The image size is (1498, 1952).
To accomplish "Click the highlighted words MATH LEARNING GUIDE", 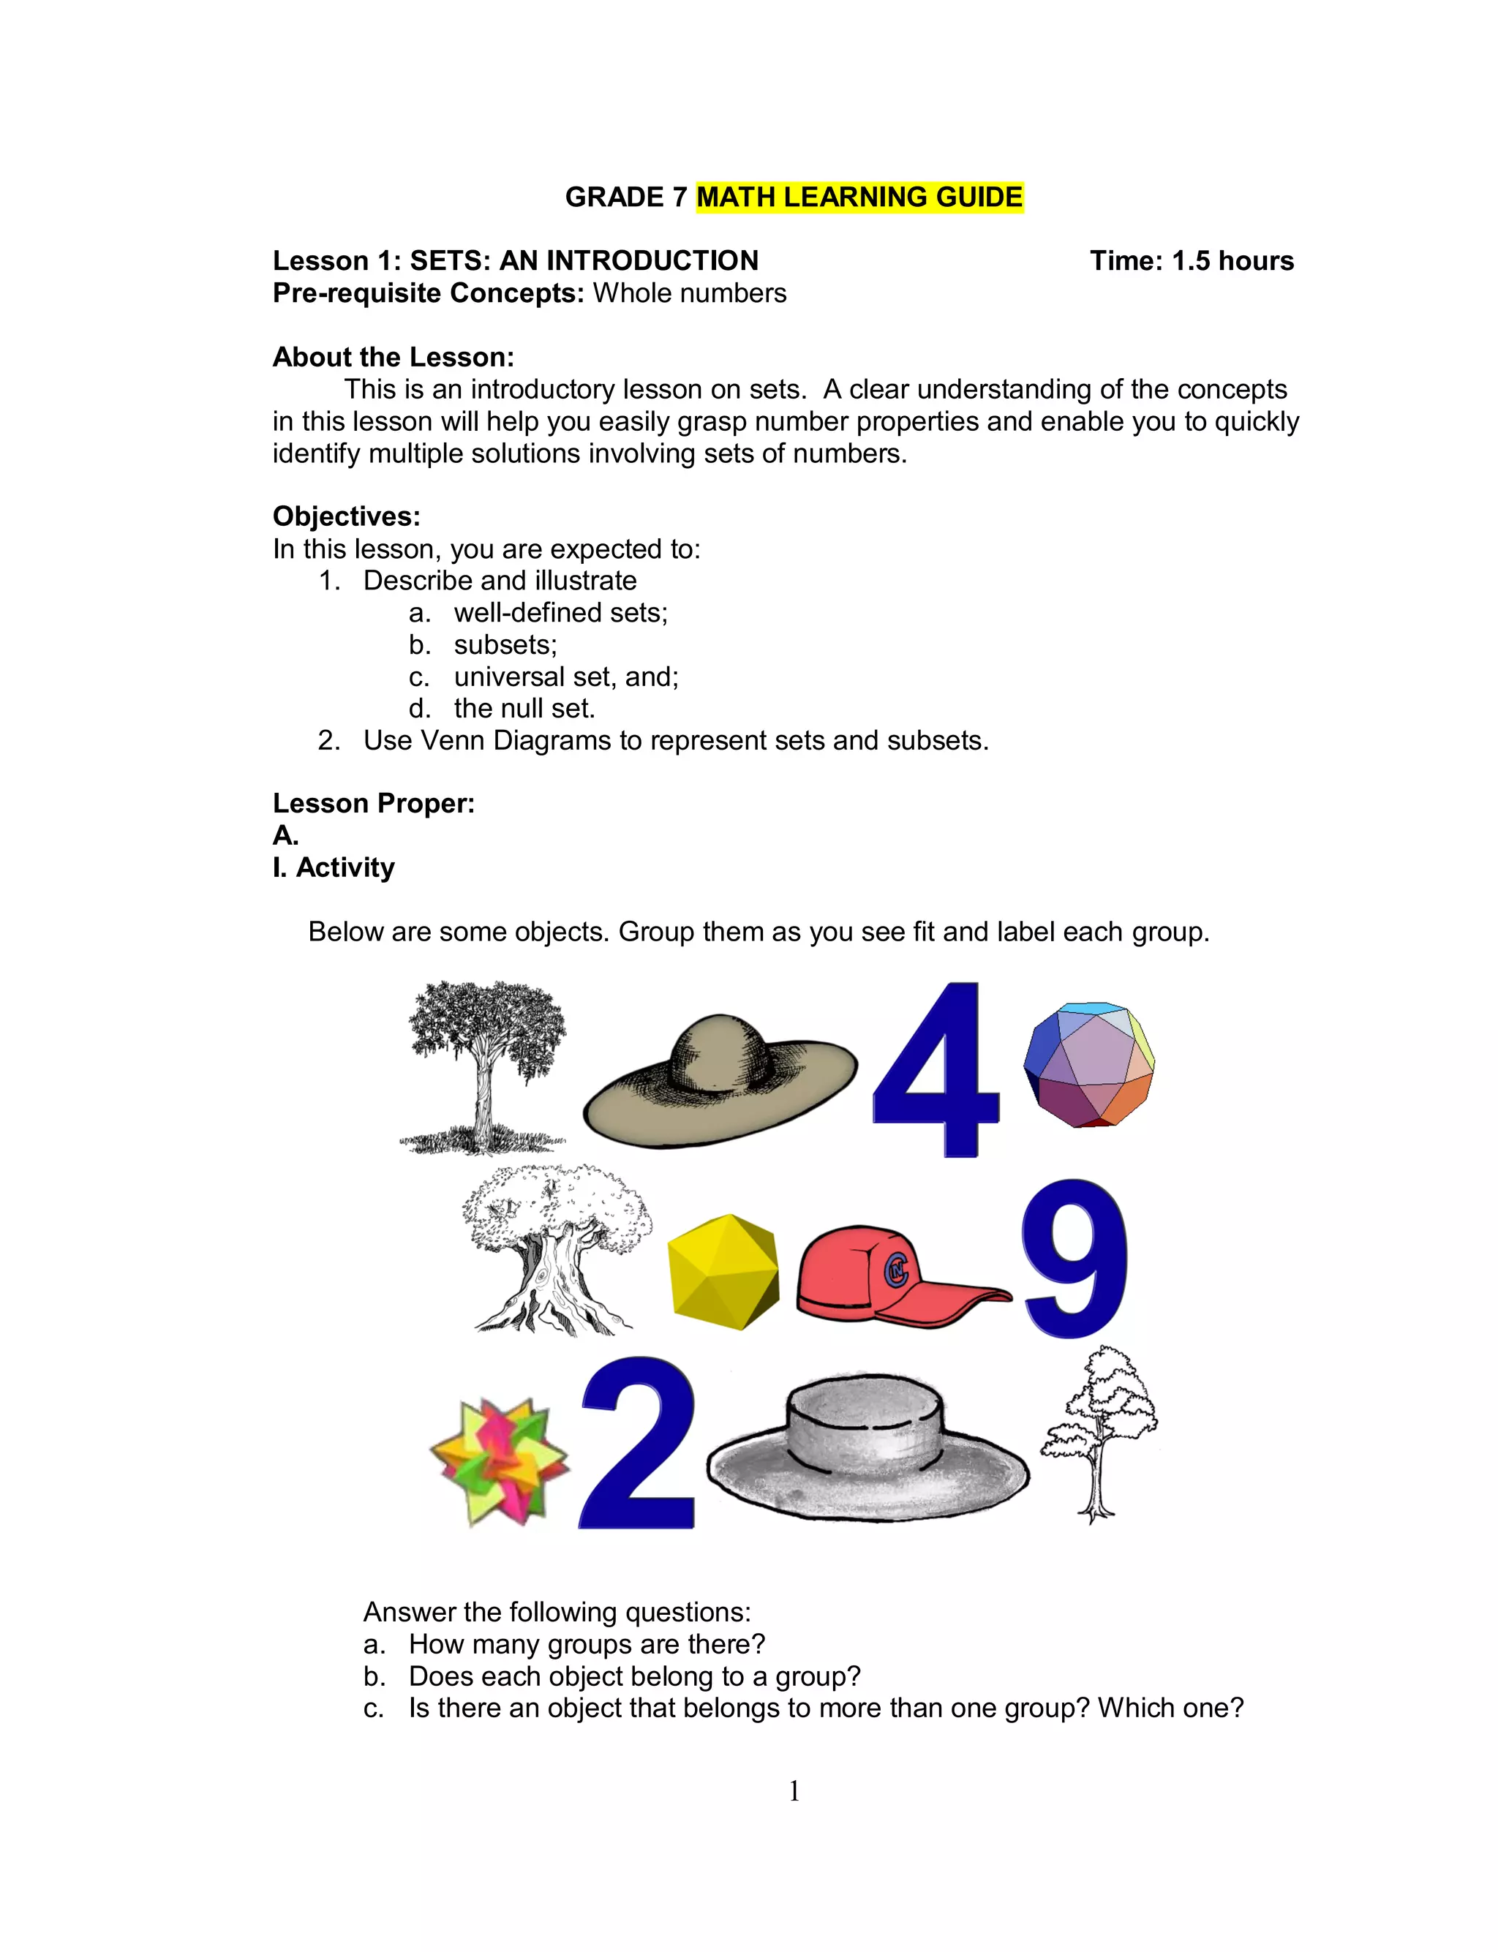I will tap(859, 197).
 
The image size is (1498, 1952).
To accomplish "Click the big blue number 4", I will tap(936, 1074).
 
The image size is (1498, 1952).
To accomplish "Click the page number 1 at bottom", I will tap(794, 1790).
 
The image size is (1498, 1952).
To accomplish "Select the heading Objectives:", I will tap(346, 517).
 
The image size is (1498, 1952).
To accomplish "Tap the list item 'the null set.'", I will tap(524, 709).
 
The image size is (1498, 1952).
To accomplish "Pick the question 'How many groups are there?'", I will tap(586, 1643).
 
